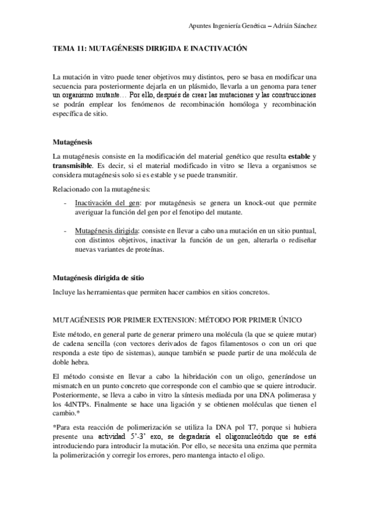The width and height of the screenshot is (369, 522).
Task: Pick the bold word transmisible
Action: [x=73, y=166]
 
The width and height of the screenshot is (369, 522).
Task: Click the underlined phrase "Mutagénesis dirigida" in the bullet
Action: [x=107, y=230]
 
